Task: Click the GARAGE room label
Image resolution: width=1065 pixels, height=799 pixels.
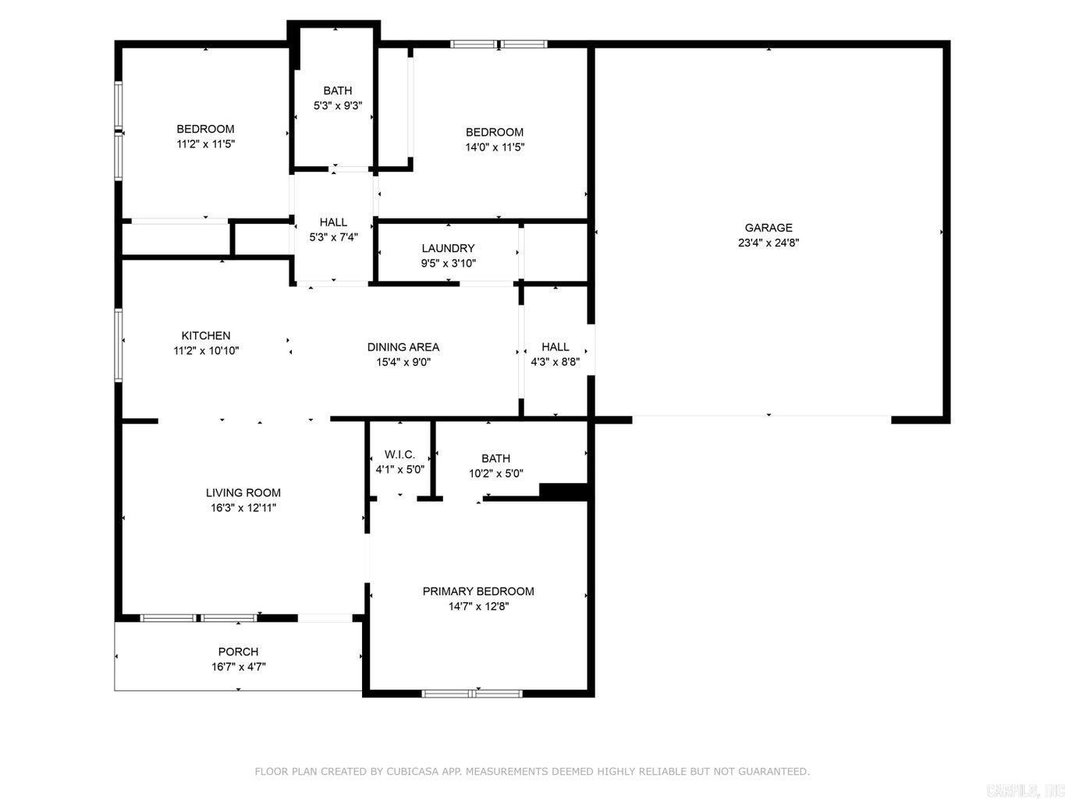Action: (x=768, y=228)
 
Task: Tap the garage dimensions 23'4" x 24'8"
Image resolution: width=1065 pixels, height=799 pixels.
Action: (x=768, y=243)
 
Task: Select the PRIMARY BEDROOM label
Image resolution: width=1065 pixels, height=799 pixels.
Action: (x=478, y=591)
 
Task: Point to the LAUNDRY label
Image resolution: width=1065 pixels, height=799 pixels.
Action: (x=448, y=248)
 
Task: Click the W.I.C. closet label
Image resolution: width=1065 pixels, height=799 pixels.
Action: (x=399, y=455)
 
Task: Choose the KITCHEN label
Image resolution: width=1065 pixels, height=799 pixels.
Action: (x=206, y=336)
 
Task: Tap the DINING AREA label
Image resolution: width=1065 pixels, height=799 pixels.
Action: (x=403, y=347)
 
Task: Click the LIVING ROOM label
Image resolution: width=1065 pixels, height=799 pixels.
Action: (x=243, y=493)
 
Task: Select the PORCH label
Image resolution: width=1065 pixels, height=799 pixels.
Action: (x=238, y=652)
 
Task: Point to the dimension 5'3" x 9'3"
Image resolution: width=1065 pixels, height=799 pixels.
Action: (x=338, y=106)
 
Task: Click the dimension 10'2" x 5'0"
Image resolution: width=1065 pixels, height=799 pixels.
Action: (x=496, y=474)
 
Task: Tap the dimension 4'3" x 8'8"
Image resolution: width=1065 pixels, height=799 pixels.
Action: (x=555, y=362)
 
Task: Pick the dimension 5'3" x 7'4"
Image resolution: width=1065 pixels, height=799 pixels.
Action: (x=333, y=237)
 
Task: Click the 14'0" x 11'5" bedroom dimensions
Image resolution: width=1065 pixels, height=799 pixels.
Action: (x=495, y=147)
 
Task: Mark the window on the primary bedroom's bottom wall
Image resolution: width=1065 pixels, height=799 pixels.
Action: (x=471, y=693)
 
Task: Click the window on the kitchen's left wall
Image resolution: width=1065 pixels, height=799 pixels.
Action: (x=118, y=345)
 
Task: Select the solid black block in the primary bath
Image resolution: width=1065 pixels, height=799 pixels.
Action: (x=563, y=491)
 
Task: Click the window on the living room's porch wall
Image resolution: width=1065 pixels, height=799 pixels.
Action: (x=198, y=618)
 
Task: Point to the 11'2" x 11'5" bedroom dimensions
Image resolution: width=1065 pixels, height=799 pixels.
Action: (x=206, y=144)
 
